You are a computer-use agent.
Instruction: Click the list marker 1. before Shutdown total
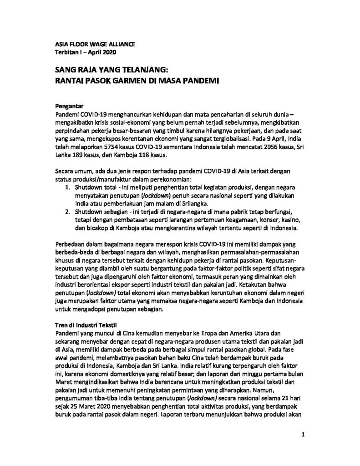click(x=66, y=187)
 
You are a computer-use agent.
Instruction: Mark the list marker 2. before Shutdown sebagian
click(x=66, y=212)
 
